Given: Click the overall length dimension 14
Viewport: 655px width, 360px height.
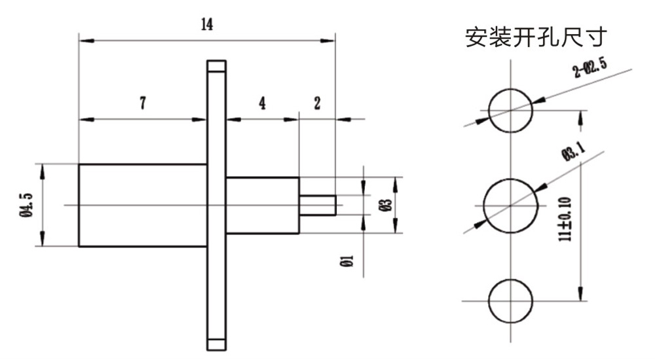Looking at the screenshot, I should click(207, 25).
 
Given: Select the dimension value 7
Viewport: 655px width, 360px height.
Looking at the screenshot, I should click(143, 103).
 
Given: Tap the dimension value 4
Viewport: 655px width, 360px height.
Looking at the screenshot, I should click(262, 103).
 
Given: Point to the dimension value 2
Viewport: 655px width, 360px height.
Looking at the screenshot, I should click(317, 103).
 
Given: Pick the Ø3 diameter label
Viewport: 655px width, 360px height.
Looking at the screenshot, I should click(387, 205).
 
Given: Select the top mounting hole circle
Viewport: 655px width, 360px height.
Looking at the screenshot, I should click(511, 108).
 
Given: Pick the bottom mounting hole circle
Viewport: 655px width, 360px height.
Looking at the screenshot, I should click(511, 300).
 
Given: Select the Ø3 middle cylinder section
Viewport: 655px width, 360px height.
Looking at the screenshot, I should click(262, 205).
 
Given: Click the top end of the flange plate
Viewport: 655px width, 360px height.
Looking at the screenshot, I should click(215, 65).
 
